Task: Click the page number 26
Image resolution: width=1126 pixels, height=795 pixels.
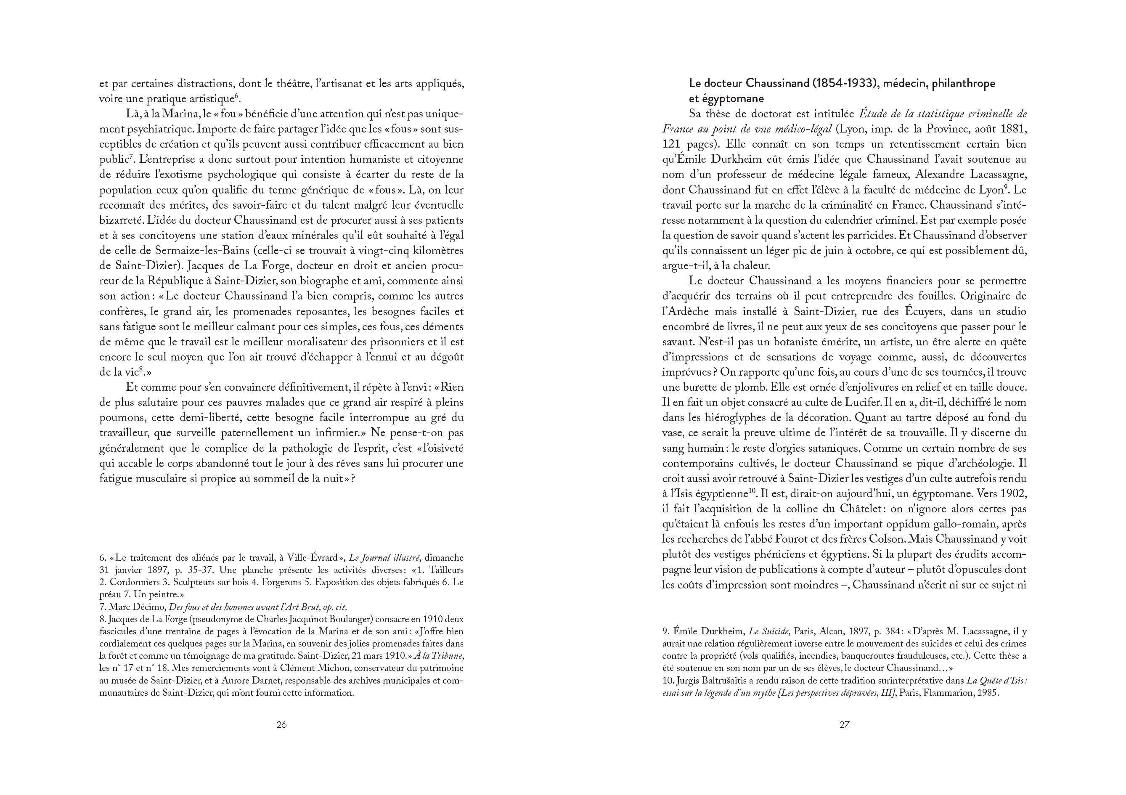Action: tap(281, 724)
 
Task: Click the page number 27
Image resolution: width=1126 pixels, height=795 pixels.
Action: tap(844, 724)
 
